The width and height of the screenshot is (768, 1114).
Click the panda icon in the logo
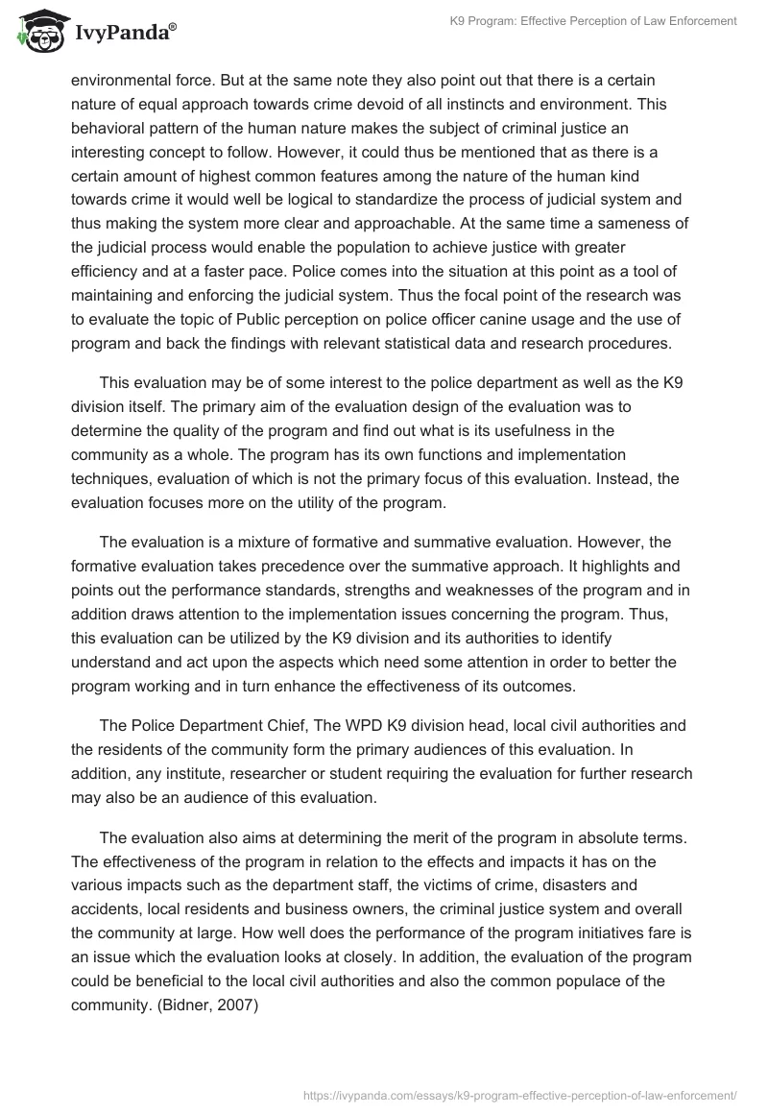click(37, 33)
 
